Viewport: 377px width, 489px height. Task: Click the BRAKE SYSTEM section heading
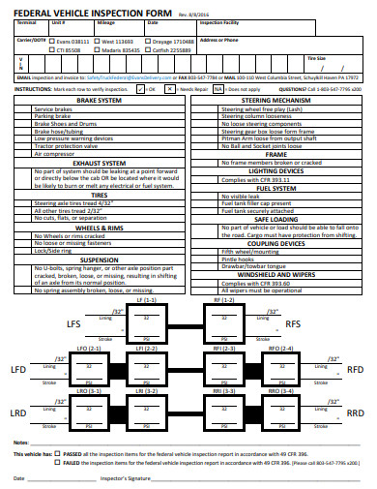click(x=99, y=100)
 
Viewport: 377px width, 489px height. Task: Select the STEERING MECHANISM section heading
click(x=276, y=100)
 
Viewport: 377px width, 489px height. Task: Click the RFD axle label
click(x=355, y=369)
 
